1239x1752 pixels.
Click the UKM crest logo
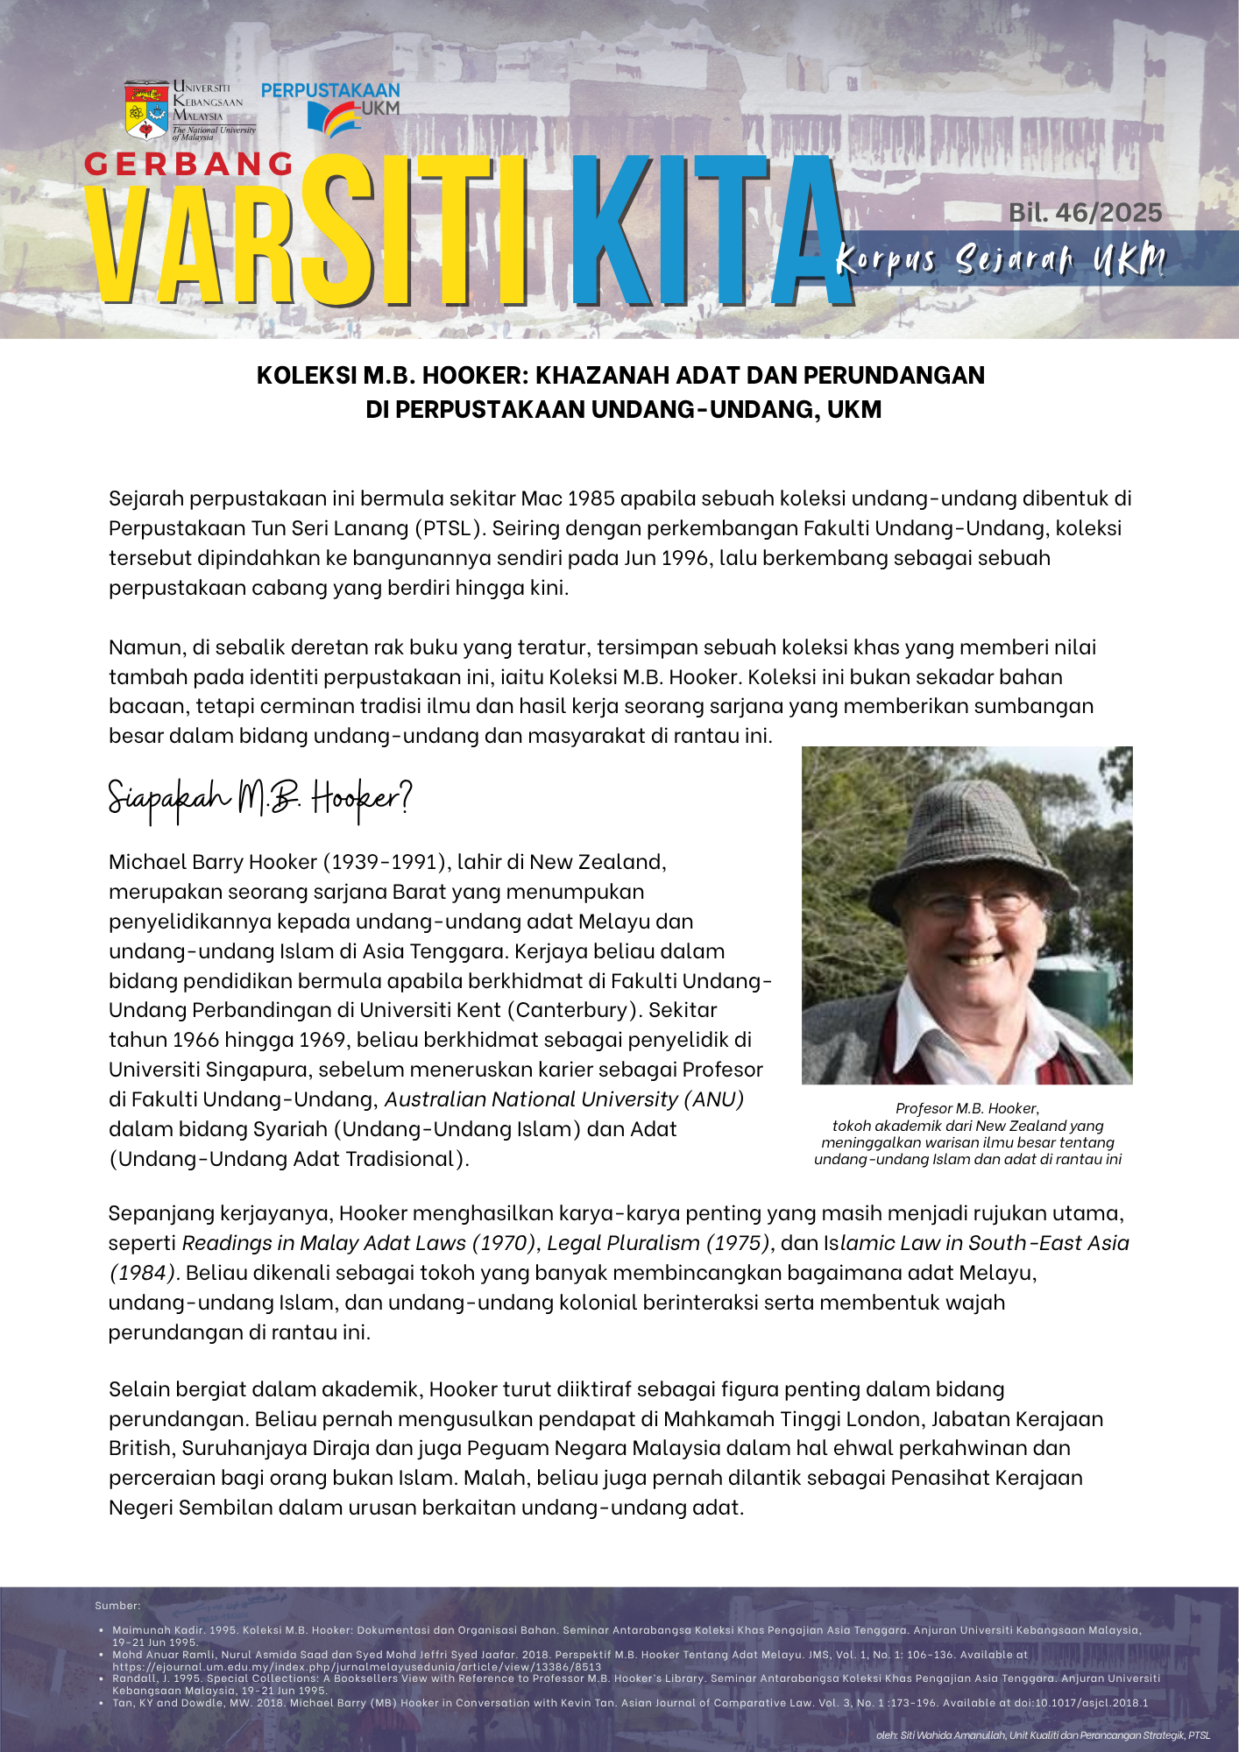click(x=146, y=111)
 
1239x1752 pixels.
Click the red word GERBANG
click(x=189, y=164)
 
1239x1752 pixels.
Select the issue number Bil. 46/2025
click(x=1085, y=213)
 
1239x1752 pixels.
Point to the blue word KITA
click(x=710, y=232)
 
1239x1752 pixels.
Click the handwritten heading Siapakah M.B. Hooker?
click(x=259, y=798)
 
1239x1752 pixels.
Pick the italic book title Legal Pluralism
click(x=623, y=1243)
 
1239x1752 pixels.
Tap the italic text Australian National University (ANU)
click(x=564, y=1099)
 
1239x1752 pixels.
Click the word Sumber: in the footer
click(x=117, y=1606)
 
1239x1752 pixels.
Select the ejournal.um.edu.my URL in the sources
click(x=357, y=1667)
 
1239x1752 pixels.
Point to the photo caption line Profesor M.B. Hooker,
click(x=967, y=1108)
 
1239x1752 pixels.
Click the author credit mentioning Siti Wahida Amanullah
click(x=1043, y=1735)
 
